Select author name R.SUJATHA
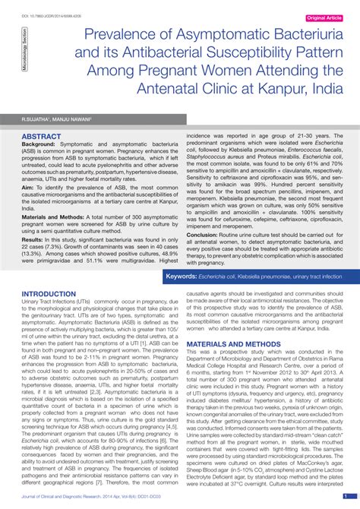pos(36,120)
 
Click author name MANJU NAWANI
pos(73,120)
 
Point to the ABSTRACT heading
pos(42,137)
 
